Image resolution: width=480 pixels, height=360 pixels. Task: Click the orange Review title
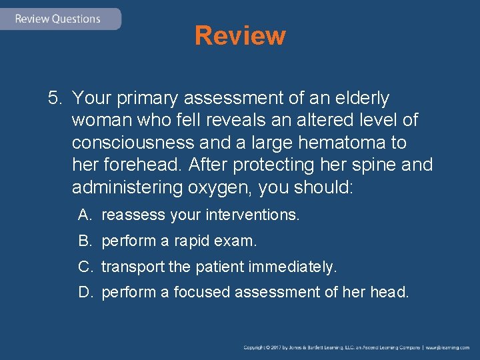click(240, 35)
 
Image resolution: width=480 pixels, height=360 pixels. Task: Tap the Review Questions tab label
click(57, 19)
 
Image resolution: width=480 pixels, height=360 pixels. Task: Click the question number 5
click(54, 99)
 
